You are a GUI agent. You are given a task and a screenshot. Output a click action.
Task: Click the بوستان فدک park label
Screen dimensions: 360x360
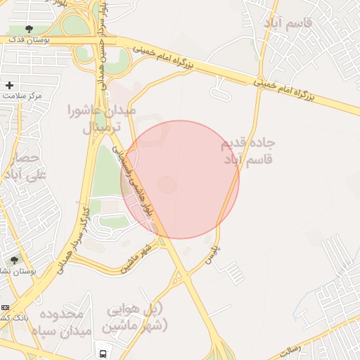click(29, 40)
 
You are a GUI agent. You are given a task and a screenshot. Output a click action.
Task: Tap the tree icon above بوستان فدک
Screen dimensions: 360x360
click(28, 29)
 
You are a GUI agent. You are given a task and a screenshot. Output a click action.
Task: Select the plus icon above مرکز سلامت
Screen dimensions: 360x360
click(9, 85)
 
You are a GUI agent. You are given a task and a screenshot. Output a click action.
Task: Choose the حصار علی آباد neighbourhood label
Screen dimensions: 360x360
click(24, 166)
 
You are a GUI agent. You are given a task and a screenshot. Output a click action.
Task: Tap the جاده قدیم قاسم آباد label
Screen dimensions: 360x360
click(248, 151)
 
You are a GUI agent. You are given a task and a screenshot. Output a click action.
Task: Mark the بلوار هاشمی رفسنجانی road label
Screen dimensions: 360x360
click(140, 180)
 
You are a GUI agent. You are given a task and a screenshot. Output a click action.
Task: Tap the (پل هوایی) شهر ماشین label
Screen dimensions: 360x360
click(136, 318)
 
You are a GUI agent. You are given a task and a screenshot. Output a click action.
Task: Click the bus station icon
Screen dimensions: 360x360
click(103, 353)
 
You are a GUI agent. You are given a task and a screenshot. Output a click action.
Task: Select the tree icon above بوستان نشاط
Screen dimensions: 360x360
click(14, 259)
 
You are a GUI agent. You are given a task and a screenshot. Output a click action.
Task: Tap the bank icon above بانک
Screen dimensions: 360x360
click(5, 308)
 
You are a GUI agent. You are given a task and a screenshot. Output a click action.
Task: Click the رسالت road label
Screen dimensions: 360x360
click(290, 348)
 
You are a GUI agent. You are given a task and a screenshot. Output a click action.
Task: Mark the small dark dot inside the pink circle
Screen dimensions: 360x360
click(167, 184)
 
